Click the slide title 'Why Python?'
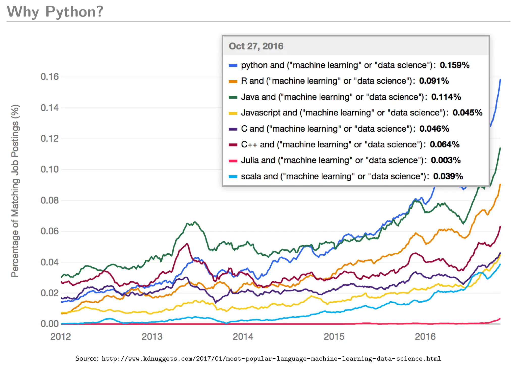point(55,12)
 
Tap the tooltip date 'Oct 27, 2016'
point(256,46)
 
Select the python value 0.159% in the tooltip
point(454,65)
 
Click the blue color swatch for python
point(233,65)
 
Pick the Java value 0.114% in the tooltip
point(446,97)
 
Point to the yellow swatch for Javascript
point(233,113)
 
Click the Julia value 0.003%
point(446,160)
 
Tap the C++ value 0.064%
point(445,144)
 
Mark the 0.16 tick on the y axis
point(49,77)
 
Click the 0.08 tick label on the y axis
point(49,201)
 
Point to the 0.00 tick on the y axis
point(49,324)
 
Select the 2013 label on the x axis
point(152,337)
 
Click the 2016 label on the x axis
point(425,337)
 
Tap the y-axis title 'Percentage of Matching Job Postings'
point(15,191)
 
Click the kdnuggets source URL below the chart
point(271,359)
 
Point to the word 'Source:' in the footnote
point(87,358)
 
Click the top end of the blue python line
point(500,80)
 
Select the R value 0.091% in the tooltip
point(434,81)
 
